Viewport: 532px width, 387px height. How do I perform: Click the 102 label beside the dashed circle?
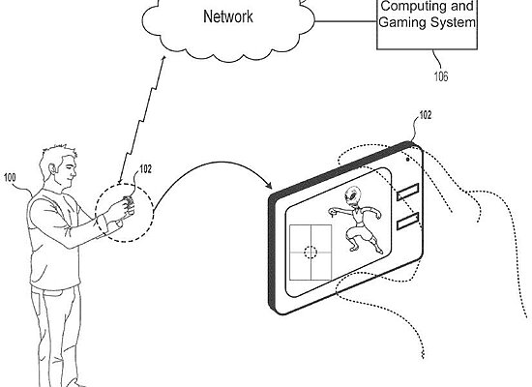coord(145,168)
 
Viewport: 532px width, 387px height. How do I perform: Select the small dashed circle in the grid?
coord(310,251)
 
